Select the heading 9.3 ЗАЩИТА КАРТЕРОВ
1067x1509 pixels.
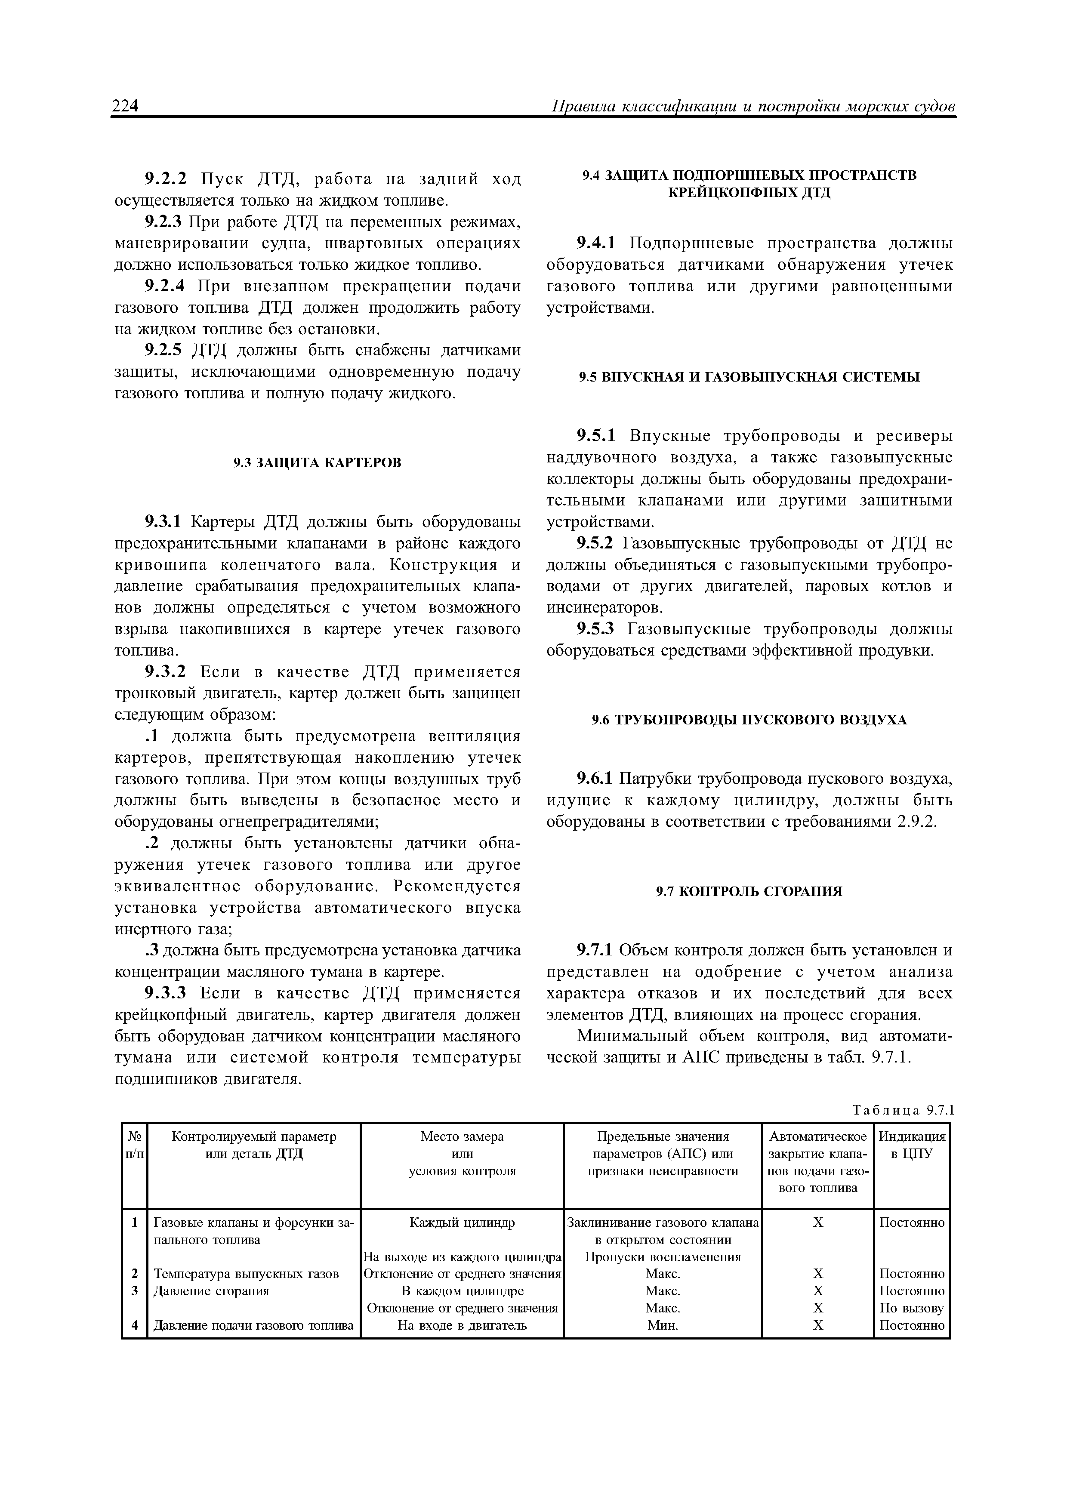tap(318, 463)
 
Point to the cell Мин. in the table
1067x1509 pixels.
tap(663, 1326)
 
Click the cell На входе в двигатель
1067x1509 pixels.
tap(462, 1326)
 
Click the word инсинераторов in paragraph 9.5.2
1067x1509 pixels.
tap(604, 607)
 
